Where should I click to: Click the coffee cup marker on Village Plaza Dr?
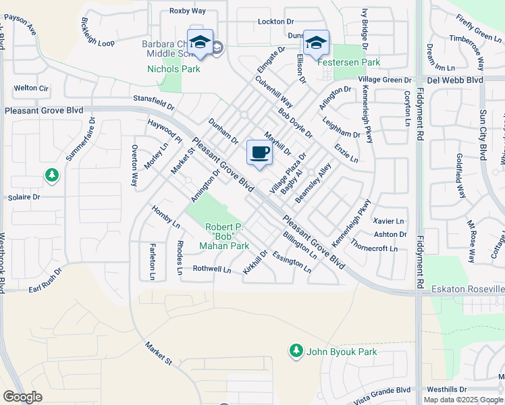[259, 153]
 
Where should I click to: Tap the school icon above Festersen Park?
[316, 43]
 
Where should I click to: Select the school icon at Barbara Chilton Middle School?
[200, 43]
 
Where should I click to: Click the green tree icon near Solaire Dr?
[52, 176]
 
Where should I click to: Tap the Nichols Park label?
[174, 69]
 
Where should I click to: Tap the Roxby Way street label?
[187, 11]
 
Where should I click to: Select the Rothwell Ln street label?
[212, 269]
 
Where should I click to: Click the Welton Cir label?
[32, 88]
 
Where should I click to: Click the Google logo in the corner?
[22, 397]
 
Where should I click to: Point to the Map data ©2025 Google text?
[462, 400]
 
